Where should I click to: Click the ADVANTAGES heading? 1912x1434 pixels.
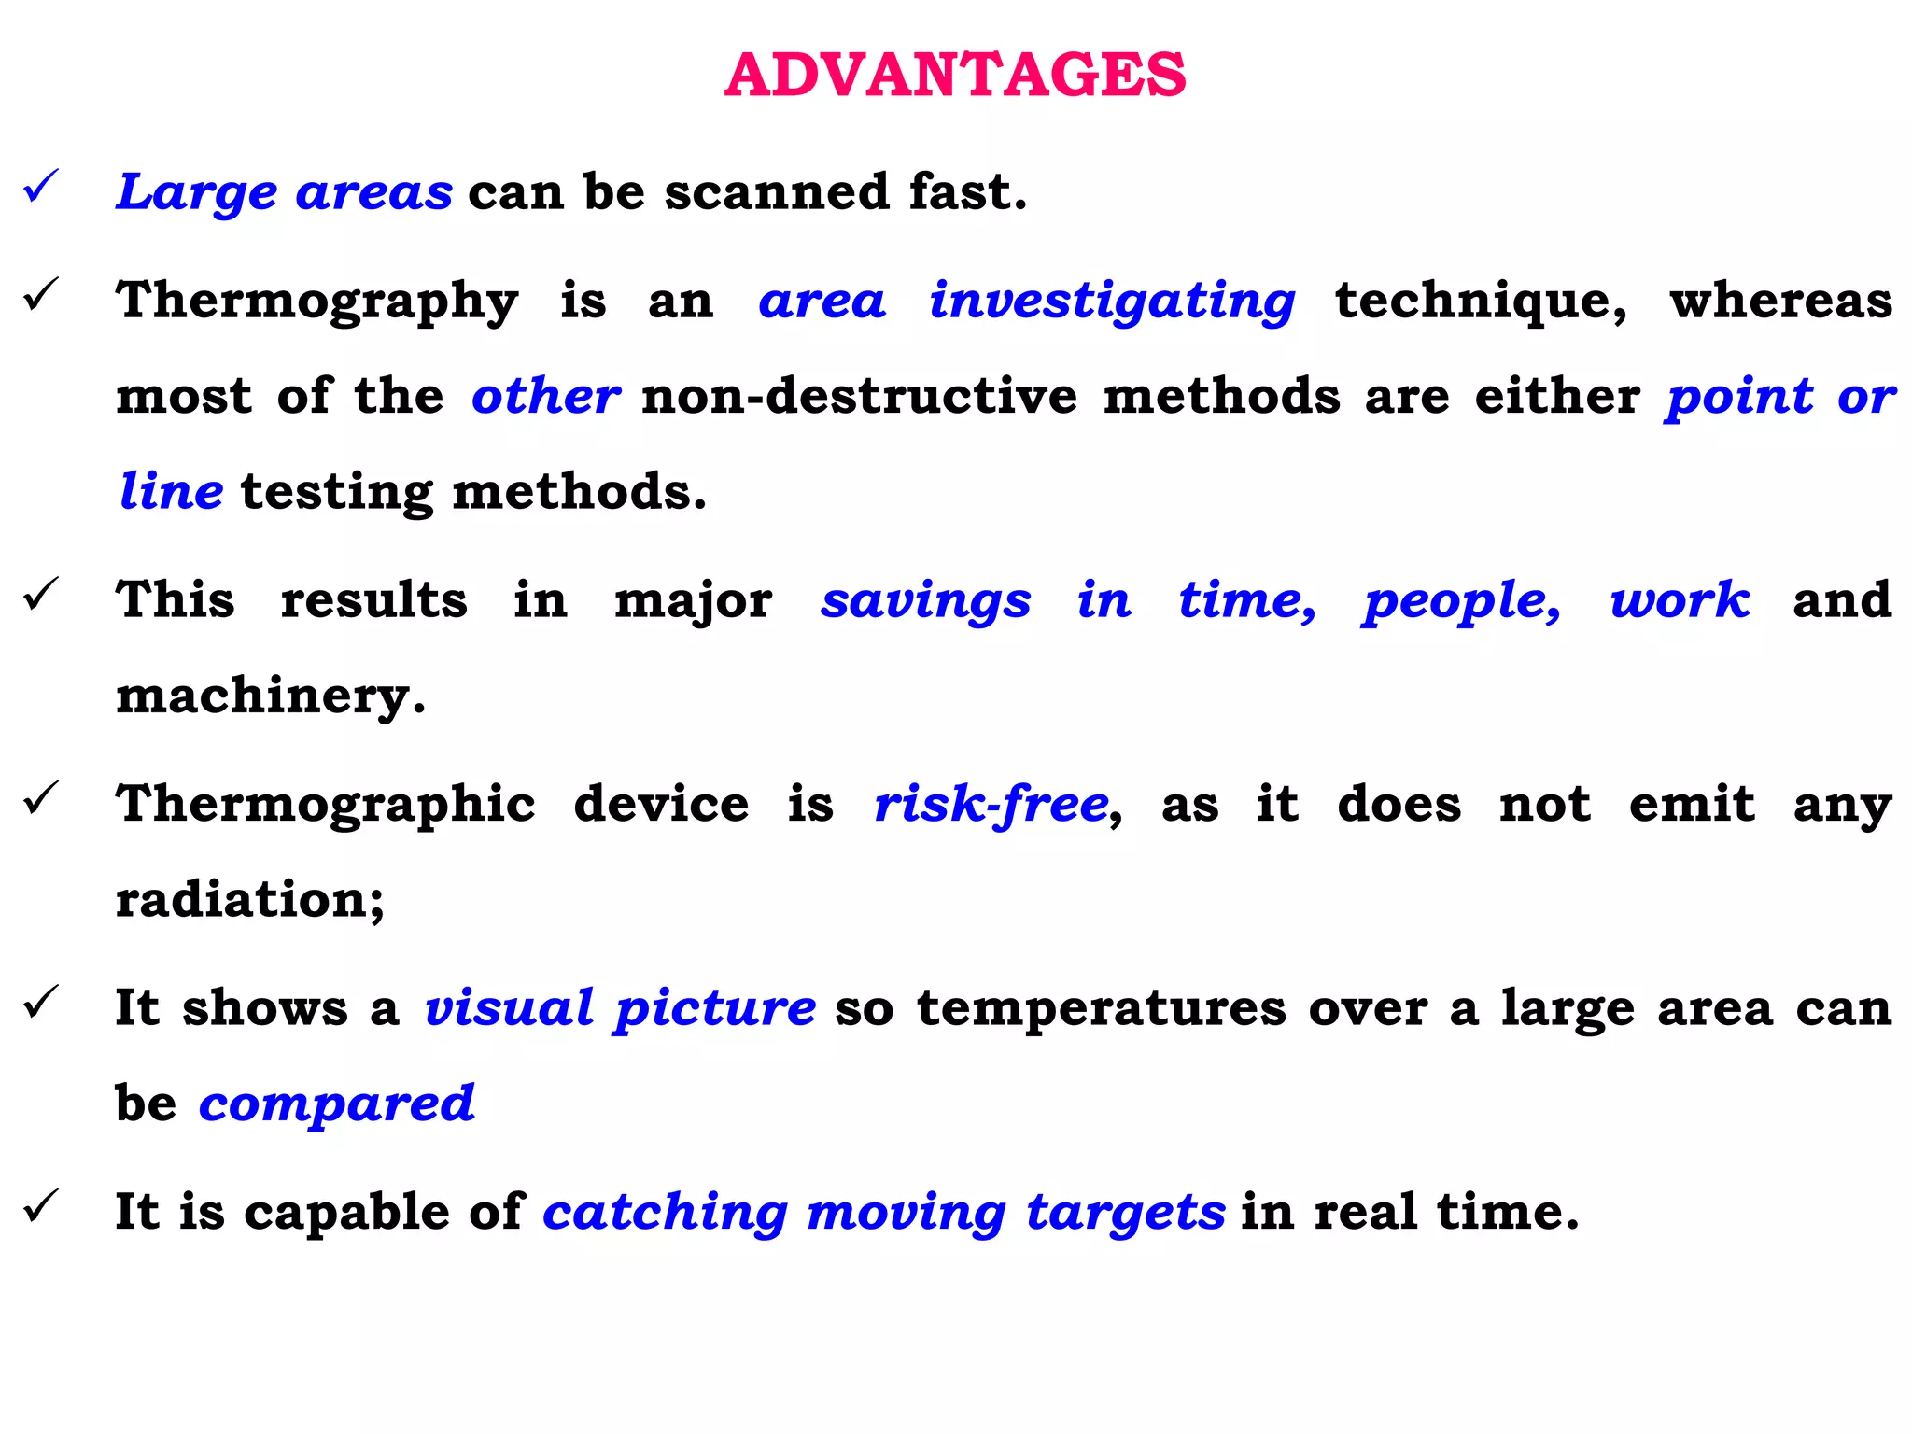click(955, 75)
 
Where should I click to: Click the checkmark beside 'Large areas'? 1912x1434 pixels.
click(42, 186)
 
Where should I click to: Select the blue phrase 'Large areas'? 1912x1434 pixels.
click(284, 192)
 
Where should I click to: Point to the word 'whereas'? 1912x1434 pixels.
click(1780, 302)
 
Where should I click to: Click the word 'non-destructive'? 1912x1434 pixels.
click(859, 396)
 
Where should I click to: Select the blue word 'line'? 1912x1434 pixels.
click(171, 491)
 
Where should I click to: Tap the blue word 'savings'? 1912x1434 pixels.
click(925, 600)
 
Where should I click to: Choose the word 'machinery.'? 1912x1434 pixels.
click(271, 696)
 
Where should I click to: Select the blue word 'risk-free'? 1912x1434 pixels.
click(991, 804)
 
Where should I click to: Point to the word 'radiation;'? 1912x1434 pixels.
click(250, 900)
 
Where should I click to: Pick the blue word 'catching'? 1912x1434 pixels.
click(666, 1213)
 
